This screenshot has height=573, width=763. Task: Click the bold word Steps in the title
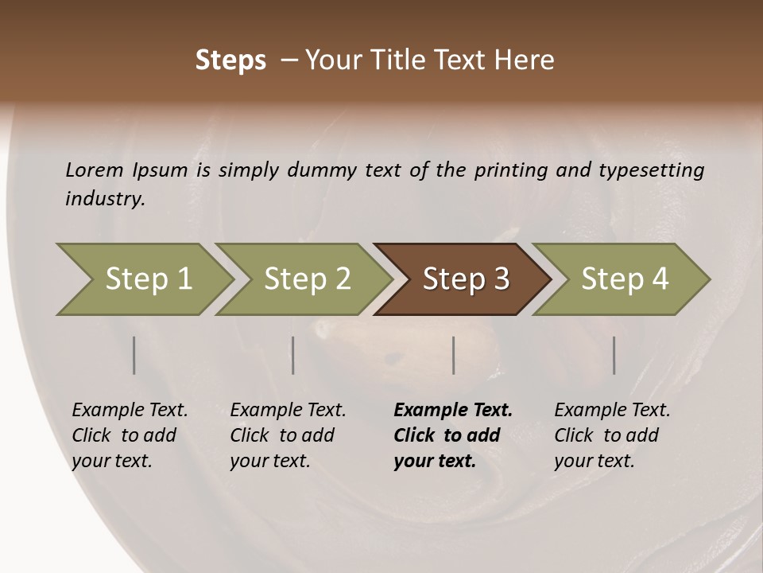coord(230,60)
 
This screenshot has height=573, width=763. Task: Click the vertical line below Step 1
coord(134,355)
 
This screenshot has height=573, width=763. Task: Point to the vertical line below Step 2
coord(293,355)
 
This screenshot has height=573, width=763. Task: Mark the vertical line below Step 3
coord(454,355)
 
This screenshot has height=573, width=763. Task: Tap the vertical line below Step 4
coord(614,355)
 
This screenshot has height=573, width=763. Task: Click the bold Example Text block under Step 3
coord(453,435)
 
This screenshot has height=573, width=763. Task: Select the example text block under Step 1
coord(130,435)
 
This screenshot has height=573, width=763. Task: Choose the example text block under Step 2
coord(288,435)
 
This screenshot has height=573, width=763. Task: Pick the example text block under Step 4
coord(612,435)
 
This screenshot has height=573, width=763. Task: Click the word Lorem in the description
coord(95,170)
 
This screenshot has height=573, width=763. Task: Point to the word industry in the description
coord(105,199)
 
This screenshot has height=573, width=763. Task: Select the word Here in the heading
coord(527,60)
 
